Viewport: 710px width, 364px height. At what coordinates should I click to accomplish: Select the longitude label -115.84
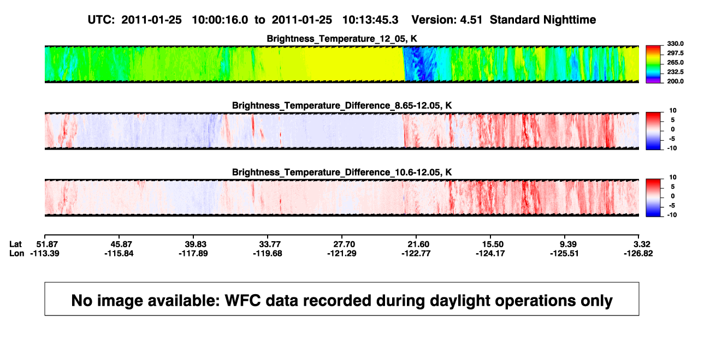[x=119, y=253]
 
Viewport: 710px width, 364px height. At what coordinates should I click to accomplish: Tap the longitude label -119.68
[x=268, y=253]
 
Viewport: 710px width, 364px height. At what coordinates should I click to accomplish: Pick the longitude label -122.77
[x=416, y=253]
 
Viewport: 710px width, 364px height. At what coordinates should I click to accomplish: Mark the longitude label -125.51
[x=565, y=253]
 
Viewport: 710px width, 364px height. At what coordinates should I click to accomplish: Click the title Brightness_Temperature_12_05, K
[x=342, y=39]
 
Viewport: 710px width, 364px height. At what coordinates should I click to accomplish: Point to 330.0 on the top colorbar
[x=675, y=44]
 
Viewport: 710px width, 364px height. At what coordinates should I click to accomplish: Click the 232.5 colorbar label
[x=675, y=72]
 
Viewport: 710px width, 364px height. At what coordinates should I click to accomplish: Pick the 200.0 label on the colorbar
[x=675, y=81]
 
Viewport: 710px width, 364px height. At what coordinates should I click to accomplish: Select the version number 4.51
[x=471, y=20]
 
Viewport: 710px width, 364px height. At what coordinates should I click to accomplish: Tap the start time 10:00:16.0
[x=220, y=20]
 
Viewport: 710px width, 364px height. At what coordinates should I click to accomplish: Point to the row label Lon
[x=17, y=253]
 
